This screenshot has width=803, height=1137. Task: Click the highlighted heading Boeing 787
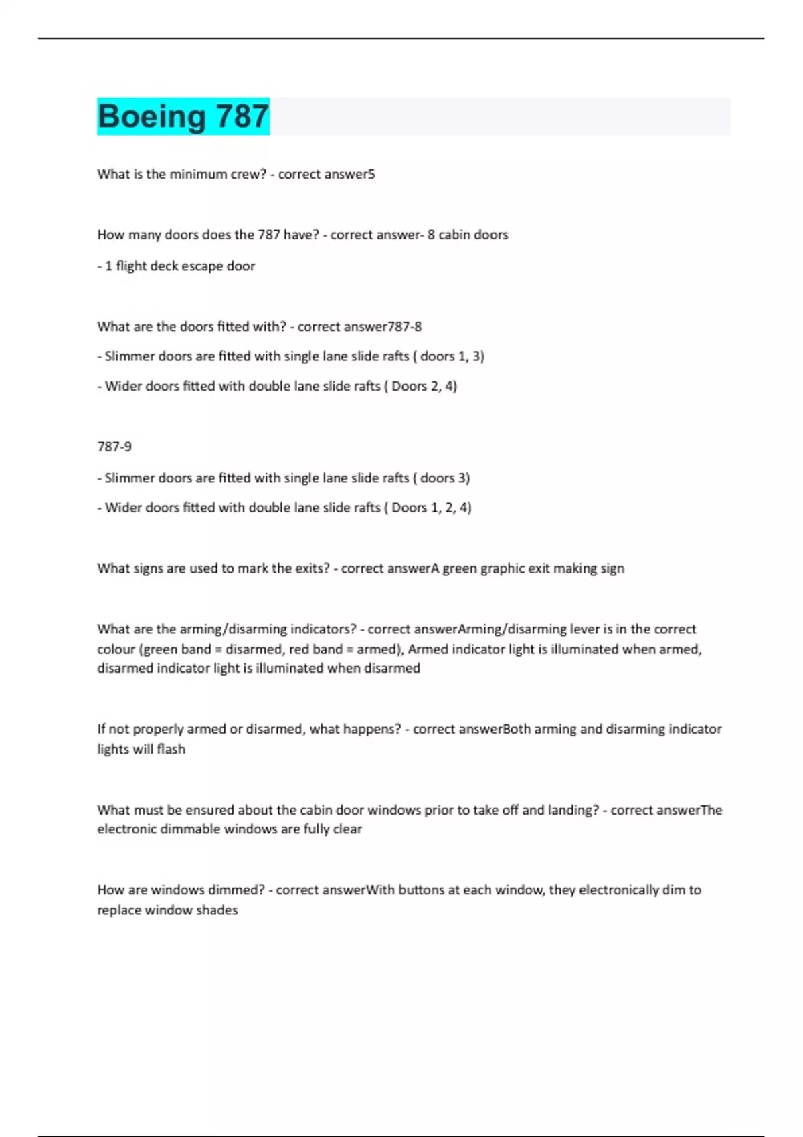point(183,116)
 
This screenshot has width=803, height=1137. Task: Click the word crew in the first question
point(247,174)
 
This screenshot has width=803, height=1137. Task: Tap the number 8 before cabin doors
point(431,235)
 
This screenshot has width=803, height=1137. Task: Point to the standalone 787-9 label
point(114,446)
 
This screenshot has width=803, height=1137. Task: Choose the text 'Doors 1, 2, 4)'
point(431,508)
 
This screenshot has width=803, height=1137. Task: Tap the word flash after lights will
point(171,749)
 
